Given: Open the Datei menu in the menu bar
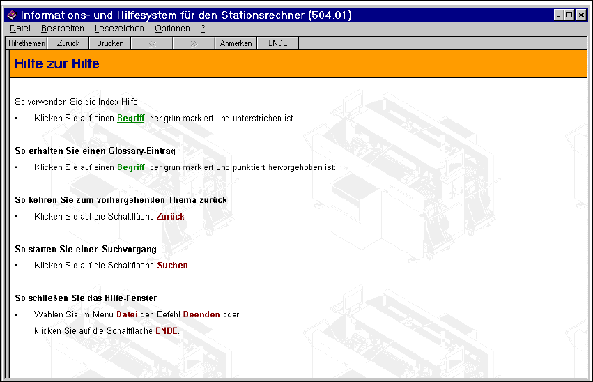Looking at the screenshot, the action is click(x=20, y=29).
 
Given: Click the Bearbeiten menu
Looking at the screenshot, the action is click(x=63, y=29).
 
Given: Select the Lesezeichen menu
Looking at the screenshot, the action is click(x=119, y=29).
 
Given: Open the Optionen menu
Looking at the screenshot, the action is click(x=172, y=29).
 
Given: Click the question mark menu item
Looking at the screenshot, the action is click(x=203, y=29).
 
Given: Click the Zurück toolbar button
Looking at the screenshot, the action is click(x=68, y=43).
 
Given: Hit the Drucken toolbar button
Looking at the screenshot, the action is click(x=110, y=43).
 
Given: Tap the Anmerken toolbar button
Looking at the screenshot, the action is click(x=236, y=43).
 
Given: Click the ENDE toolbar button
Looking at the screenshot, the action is click(x=277, y=43).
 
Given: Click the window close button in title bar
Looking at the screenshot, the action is click(x=581, y=15).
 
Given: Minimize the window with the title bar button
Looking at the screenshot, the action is click(x=559, y=15).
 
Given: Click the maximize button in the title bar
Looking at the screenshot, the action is click(x=569, y=15).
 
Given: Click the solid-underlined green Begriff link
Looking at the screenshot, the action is click(x=130, y=118).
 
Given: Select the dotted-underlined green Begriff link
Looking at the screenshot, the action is click(x=130, y=167).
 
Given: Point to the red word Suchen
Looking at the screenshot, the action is click(x=172, y=265).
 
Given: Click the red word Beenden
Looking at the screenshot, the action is click(x=201, y=314).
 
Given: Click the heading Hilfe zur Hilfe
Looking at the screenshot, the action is click(x=56, y=64).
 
